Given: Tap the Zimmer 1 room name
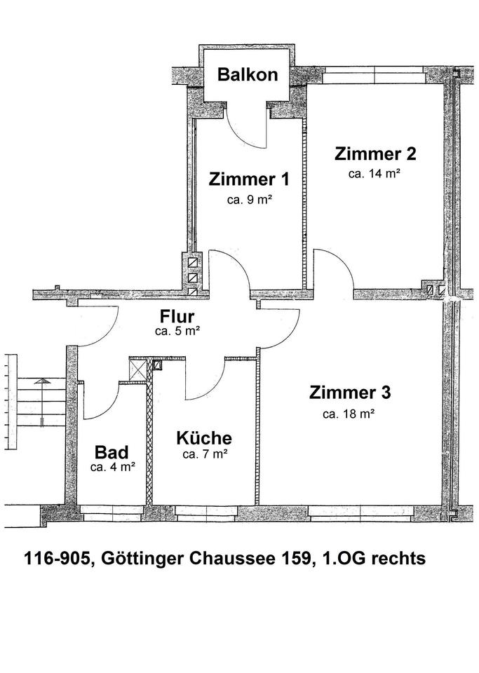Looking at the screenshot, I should pyautogui.click(x=249, y=179).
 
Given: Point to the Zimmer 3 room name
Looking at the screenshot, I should pyautogui.click(x=350, y=392).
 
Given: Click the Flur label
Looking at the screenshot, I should pyautogui.click(x=177, y=317).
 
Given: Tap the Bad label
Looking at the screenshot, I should pyautogui.click(x=112, y=451).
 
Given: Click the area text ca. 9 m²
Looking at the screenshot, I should pyautogui.click(x=249, y=200).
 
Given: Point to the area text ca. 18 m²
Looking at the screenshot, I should pyautogui.click(x=349, y=414).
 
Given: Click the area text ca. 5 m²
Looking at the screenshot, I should pyautogui.click(x=177, y=332).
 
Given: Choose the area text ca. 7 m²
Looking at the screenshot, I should pyautogui.click(x=204, y=455).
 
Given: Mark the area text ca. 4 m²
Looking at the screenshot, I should pyautogui.click(x=113, y=466).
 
